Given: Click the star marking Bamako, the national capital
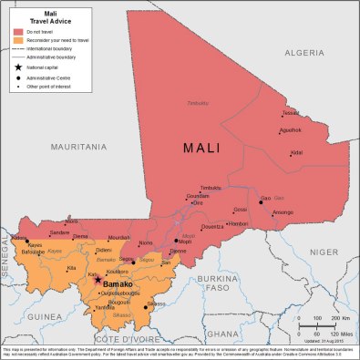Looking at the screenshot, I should (x=98, y=281).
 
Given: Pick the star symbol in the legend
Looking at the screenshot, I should (x=18, y=67).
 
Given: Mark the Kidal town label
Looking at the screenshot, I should (x=297, y=152).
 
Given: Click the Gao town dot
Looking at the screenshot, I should (x=260, y=202).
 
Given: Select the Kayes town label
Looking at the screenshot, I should (x=35, y=245).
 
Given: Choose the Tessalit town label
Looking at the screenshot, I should (x=290, y=113).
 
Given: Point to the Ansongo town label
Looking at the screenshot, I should (x=283, y=212).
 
